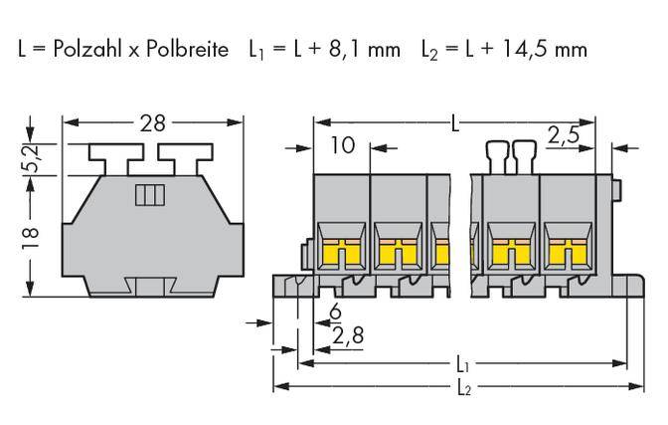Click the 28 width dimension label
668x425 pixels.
pos(152,123)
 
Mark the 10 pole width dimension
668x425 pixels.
pos(341,146)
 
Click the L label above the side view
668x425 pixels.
pos(454,124)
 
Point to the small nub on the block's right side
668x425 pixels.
pos(616,189)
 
